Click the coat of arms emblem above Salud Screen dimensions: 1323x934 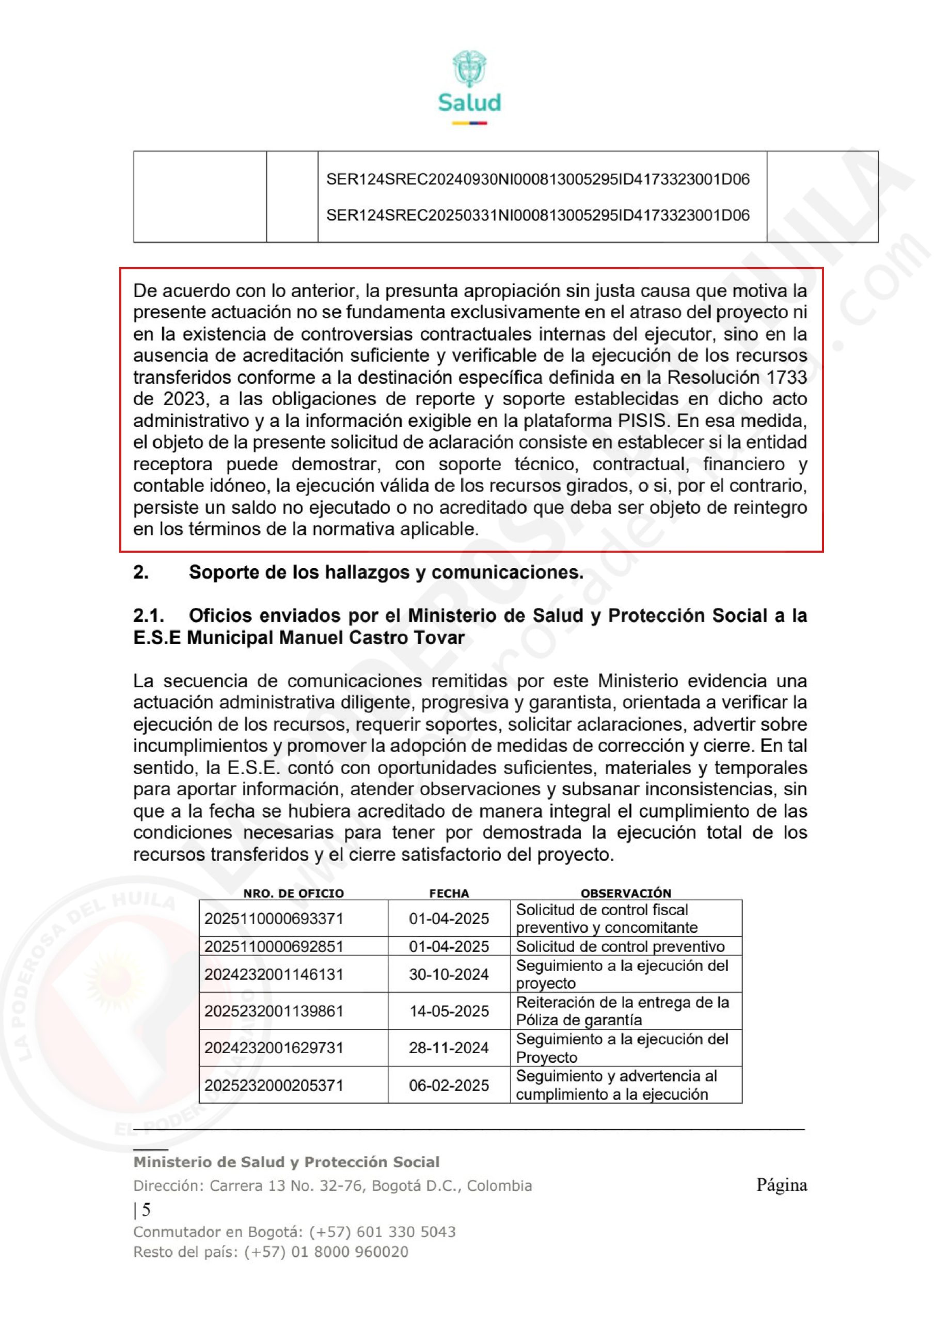click(469, 69)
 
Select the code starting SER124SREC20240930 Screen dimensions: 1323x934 click(538, 179)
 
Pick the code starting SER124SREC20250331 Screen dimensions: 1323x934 click(538, 215)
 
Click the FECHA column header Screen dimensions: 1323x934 click(449, 893)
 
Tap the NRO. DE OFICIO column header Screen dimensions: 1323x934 click(293, 893)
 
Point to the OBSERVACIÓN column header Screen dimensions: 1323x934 click(626, 893)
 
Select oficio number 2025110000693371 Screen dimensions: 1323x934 click(274, 918)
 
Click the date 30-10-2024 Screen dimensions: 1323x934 click(449, 974)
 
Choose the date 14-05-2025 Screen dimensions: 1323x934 click(449, 1011)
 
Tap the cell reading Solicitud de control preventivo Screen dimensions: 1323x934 click(620, 946)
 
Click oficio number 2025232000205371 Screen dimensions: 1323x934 click(274, 1086)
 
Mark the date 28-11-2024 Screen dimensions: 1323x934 click(449, 1048)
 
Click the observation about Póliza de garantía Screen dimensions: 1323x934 click(622, 1011)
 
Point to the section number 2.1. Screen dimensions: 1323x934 click(149, 616)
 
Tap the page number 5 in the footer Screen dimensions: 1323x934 click(146, 1210)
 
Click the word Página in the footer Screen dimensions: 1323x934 click(781, 1186)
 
